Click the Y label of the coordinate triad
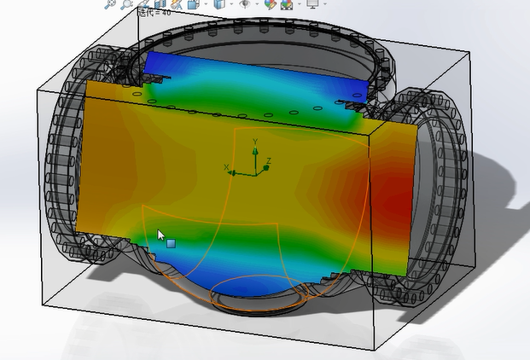tap(255, 144)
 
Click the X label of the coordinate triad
tap(226, 168)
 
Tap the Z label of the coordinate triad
tap(268, 160)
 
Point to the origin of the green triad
tap(254, 172)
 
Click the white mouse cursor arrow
tap(160, 235)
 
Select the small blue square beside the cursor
tap(172, 244)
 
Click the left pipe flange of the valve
tap(60, 171)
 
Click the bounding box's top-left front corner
tap(35, 89)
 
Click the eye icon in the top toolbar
tap(245, 4)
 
